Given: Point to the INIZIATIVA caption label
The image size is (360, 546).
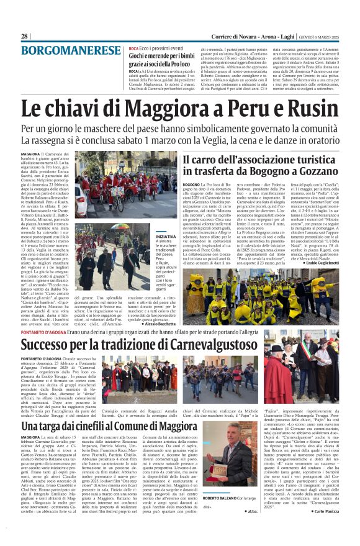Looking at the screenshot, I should click(x=166, y=237).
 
